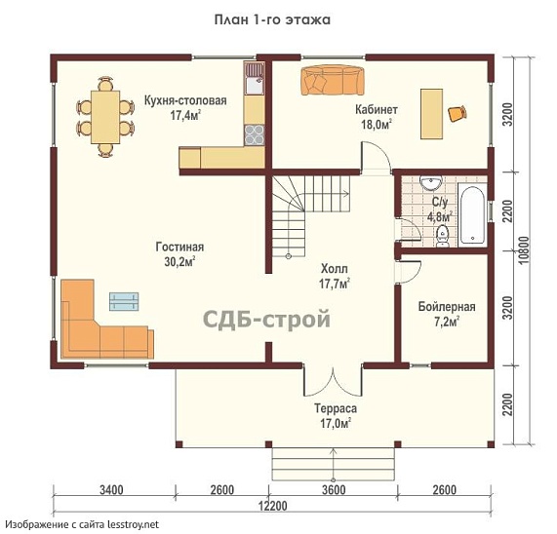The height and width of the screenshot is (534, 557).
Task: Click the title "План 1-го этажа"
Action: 272,19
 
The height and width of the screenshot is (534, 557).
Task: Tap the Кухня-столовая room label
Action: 185,100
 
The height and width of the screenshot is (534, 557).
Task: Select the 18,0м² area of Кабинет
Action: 377,125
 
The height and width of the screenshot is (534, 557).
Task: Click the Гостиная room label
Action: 179,247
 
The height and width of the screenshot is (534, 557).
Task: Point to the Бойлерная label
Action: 447,307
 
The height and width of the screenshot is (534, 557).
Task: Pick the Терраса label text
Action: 336,408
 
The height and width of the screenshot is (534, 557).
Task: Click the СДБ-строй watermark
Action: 266,319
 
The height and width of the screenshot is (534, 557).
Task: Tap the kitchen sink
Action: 254,78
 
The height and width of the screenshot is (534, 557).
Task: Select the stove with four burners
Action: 255,134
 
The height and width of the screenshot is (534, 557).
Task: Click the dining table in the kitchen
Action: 105,117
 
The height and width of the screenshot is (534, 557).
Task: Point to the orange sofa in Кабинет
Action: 333,81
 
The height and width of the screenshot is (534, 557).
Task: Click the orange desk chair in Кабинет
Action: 458,113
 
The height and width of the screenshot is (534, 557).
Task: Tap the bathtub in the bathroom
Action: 472,214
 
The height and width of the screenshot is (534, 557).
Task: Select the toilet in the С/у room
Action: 442,236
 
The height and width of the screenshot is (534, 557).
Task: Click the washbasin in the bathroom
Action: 430,182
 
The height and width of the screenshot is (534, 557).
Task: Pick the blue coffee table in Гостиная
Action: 124,301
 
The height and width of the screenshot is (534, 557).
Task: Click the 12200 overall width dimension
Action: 272,506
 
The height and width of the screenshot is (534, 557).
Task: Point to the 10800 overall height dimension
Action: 524,250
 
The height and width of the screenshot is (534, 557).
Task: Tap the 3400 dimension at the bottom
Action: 111,490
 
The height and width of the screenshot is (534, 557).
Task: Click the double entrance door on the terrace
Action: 333,382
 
